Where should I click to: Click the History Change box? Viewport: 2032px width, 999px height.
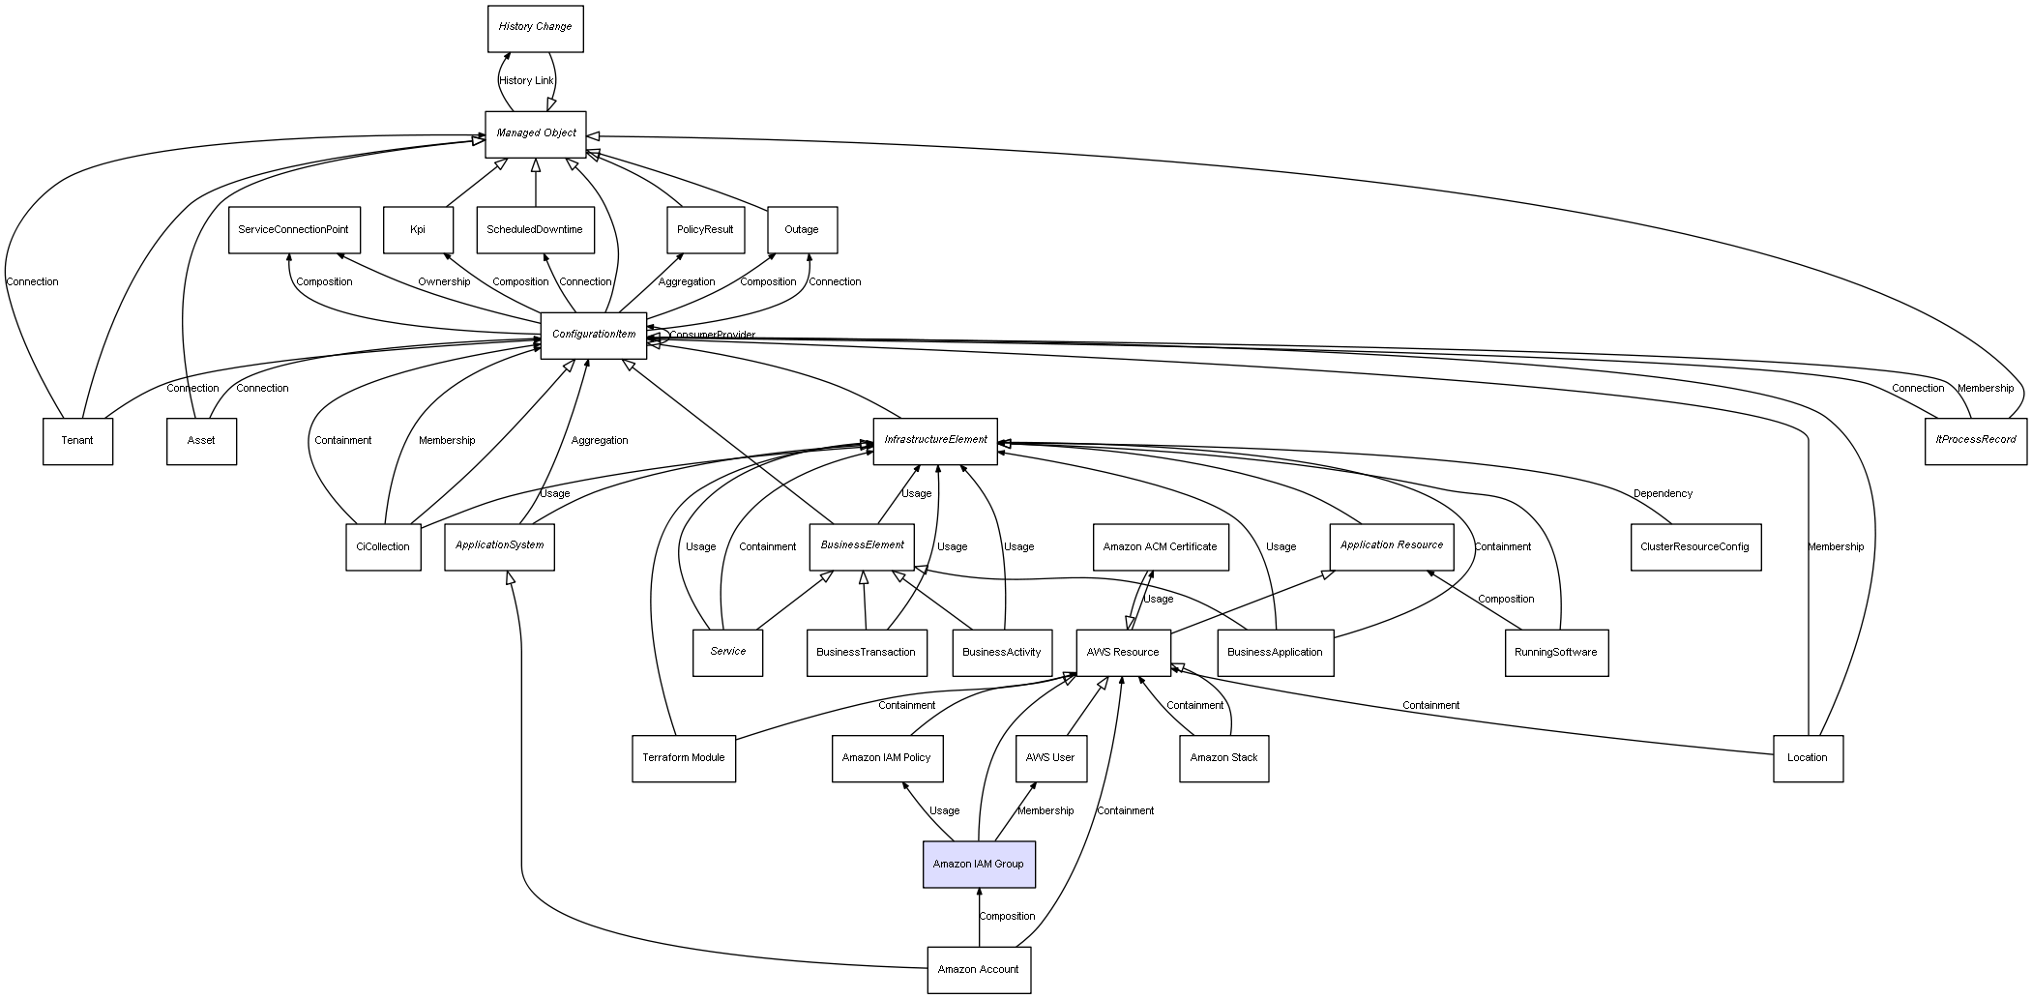(535, 27)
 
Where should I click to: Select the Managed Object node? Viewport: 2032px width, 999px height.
(536, 133)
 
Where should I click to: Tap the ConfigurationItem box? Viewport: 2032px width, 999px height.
(593, 335)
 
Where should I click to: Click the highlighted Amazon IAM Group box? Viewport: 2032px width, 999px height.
(979, 864)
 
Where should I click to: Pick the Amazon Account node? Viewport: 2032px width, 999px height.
(978, 969)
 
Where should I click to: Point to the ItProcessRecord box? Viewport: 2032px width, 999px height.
(1975, 440)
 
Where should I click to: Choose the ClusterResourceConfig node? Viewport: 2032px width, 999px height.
(1694, 546)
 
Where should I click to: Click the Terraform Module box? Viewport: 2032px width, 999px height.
(683, 758)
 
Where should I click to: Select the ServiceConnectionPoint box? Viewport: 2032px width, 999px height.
(294, 230)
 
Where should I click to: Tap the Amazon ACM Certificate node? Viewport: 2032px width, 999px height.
(1160, 546)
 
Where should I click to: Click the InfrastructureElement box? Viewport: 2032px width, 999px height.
(934, 440)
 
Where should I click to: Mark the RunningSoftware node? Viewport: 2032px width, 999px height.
(1555, 652)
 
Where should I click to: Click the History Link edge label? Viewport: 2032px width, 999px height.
(526, 81)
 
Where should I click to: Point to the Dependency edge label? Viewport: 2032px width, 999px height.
(1663, 493)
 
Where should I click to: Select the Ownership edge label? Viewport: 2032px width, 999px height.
(444, 282)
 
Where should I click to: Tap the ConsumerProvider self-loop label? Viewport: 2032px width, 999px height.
(712, 336)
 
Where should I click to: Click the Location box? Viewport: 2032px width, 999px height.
(1807, 758)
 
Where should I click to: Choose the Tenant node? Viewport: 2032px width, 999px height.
(77, 441)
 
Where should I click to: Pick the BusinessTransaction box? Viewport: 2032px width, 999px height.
(866, 652)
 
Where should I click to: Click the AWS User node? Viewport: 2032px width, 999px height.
(1049, 758)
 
